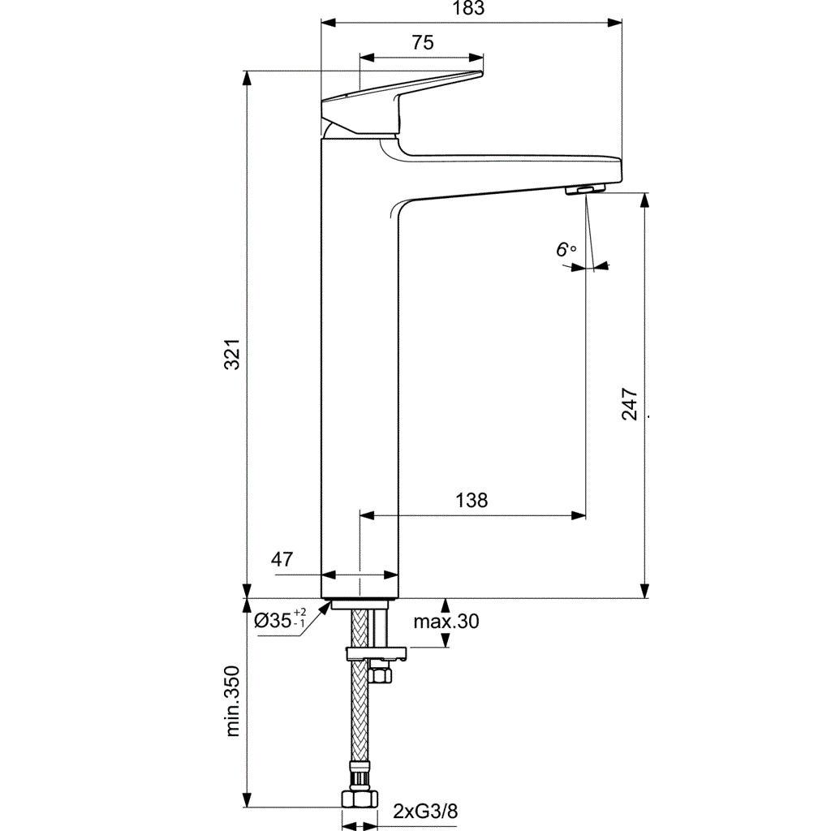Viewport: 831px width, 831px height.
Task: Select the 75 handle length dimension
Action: coord(422,44)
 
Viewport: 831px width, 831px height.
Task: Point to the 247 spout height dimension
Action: coord(630,404)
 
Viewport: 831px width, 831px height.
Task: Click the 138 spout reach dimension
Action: coord(471,501)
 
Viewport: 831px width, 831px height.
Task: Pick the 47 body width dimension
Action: coord(282,559)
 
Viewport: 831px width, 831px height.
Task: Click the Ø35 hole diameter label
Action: coord(272,621)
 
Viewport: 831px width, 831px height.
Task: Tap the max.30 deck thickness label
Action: coord(446,622)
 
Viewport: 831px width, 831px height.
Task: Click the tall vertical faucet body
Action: coord(360,365)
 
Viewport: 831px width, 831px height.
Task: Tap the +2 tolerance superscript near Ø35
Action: coord(300,612)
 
